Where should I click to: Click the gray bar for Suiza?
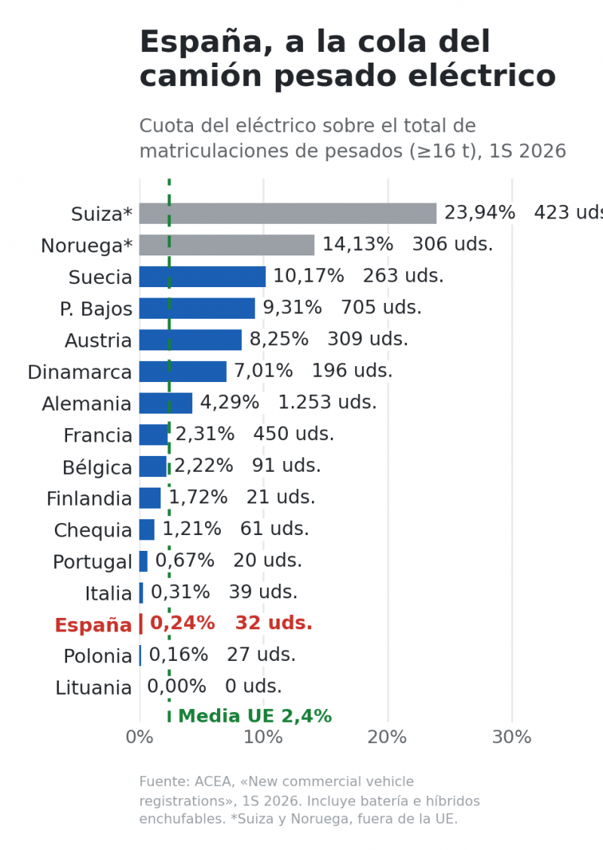point(288,213)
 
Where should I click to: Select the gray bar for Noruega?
point(227,245)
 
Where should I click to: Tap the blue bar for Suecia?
point(202,277)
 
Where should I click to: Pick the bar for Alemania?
point(166,403)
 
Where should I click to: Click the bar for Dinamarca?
point(182,371)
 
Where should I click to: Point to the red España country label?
point(93,625)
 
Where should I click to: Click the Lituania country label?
point(93,688)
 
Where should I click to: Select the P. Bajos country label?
point(96,308)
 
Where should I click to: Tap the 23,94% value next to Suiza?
point(480,212)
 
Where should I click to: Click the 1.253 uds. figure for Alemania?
point(328,402)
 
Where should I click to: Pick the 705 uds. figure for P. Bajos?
point(381,307)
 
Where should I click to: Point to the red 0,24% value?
point(182,623)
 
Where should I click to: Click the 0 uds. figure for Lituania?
point(254,686)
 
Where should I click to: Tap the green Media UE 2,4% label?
point(255,716)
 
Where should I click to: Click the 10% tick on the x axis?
point(263,737)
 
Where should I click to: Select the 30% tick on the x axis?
point(512,737)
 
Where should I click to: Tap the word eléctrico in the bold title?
point(482,75)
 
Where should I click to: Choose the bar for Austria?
point(191,340)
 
